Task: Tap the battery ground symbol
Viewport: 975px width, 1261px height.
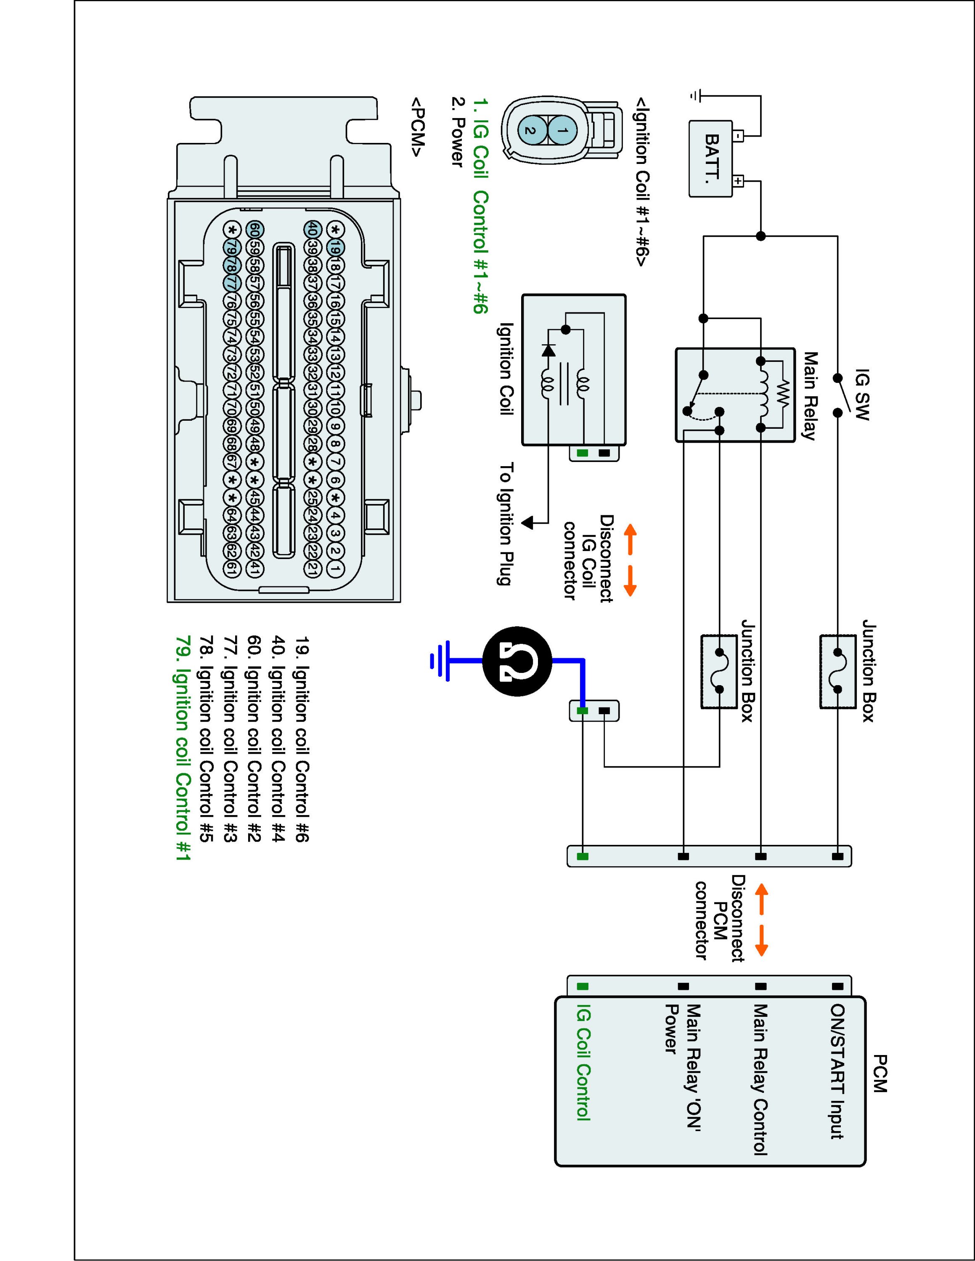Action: tap(697, 96)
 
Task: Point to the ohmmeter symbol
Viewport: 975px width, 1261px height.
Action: tap(517, 660)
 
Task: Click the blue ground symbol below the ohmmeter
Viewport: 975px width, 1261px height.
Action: tap(440, 660)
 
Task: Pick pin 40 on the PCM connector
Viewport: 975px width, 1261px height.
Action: tap(312, 229)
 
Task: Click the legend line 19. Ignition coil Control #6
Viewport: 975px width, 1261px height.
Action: tap(302, 740)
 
